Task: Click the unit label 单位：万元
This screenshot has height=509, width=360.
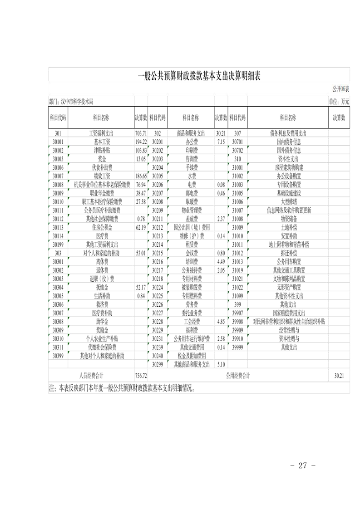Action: pyautogui.click(x=339, y=103)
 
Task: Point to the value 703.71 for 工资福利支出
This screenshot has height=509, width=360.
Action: pyautogui.click(x=141, y=133)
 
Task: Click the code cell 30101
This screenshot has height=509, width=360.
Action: pyautogui.click(x=57, y=142)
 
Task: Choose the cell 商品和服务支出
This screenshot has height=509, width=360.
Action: pyautogui.click(x=191, y=133)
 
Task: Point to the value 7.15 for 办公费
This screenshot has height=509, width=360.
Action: pyautogui.click(x=221, y=142)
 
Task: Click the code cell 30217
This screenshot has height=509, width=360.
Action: pyautogui.click(x=158, y=270)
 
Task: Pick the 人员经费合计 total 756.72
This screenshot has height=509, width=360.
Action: pyautogui.click(x=141, y=376)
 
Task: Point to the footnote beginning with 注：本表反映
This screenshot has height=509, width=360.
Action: pyautogui.click(x=120, y=388)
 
